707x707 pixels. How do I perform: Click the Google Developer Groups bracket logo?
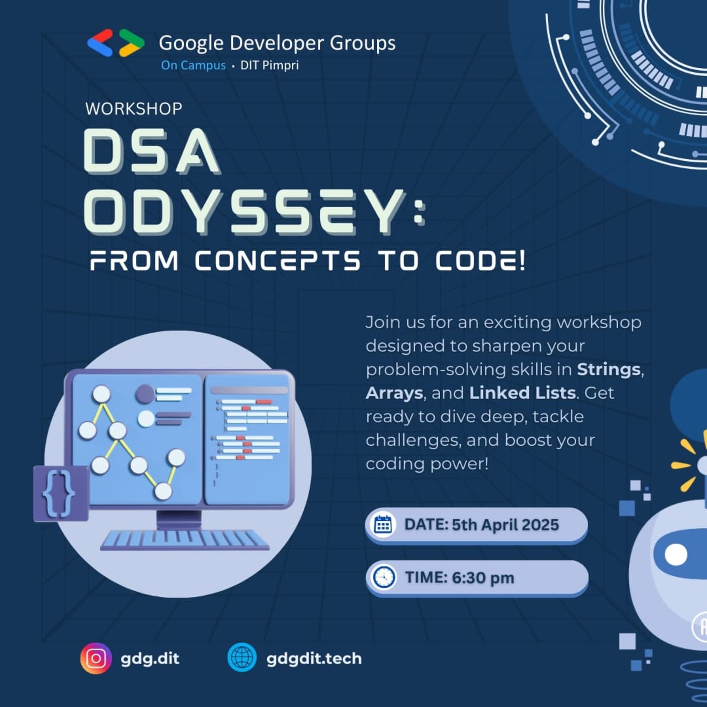click(x=116, y=43)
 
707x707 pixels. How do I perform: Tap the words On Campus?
click(x=193, y=65)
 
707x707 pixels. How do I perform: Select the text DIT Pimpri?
click(x=269, y=65)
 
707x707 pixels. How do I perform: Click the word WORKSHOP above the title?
click(x=134, y=109)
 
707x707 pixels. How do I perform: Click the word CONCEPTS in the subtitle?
click(x=277, y=261)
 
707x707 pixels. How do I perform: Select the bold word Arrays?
click(x=394, y=393)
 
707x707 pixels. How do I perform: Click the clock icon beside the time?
click(x=383, y=578)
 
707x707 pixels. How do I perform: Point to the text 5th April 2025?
click(x=505, y=525)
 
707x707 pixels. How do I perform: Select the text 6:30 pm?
click(x=483, y=578)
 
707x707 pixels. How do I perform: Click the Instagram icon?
click(x=96, y=658)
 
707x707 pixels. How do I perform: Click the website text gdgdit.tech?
click(x=314, y=659)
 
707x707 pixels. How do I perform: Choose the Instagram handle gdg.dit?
click(x=150, y=659)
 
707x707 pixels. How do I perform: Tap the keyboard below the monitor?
click(x=185, y=541)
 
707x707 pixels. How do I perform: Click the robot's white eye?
click(x=676, y=554)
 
